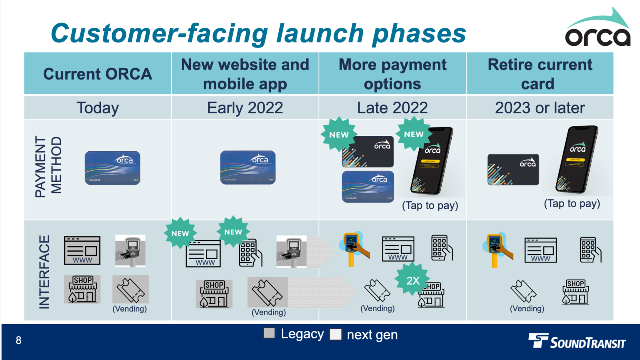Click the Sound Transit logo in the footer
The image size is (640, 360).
click(x=577, y=341)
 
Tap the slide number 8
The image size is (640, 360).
click(x=18, y=340)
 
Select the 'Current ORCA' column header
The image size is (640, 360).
click(x=97, y=74)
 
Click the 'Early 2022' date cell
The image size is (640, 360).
click(x=245, y=108)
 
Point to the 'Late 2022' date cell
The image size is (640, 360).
click(x=392, y=108)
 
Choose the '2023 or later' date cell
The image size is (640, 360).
click(x=540, y=108)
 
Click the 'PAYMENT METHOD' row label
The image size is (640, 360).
click(x=48, y=167)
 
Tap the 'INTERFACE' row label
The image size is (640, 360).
click(x=44, y=272)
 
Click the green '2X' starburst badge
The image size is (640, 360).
click(x=412, y=280)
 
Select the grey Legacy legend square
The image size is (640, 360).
click(x=269, y=333)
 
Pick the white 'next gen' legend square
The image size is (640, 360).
click(x=335, y=334)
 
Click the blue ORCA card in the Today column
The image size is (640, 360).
click(x=112, y=167)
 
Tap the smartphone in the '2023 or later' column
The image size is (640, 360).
click(x=577, y=159)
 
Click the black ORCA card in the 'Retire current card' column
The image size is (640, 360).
click(x=513, y=170)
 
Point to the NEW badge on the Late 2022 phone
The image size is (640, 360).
click(x=413, y=134)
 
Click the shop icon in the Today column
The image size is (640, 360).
click(x=82, y=289)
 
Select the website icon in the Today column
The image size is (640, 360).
click(x=82, y=250)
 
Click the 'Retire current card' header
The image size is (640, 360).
click(x=540, y=74)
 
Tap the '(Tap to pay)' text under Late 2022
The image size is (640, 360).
click(x=430, y=205)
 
